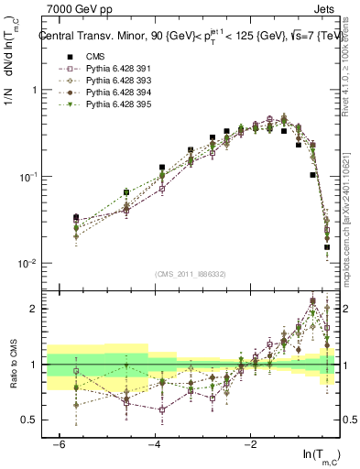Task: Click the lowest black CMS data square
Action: pos(328,247)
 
